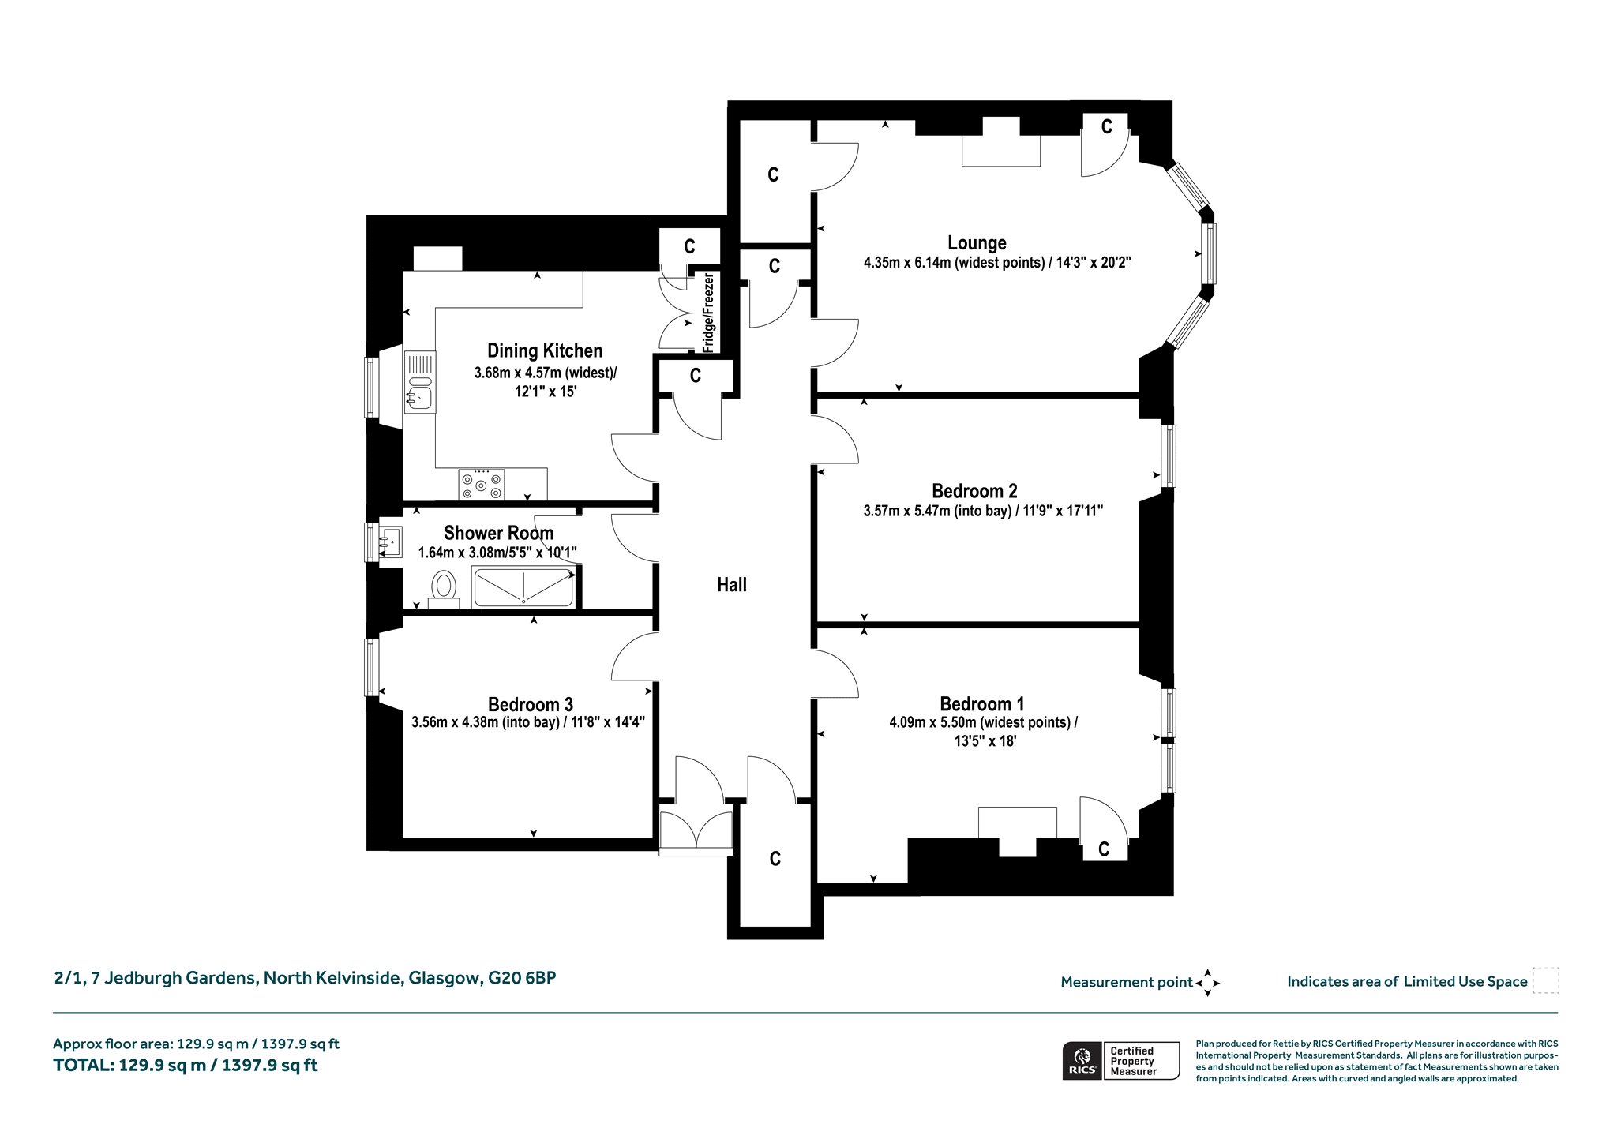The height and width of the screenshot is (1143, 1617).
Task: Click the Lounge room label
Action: point(977,243)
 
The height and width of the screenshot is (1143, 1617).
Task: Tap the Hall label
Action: point(732,585)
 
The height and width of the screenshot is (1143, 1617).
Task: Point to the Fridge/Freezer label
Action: point(708,313)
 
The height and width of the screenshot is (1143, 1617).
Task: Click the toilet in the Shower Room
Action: point(445,590)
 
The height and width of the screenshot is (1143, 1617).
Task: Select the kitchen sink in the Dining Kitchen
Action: point(419,382)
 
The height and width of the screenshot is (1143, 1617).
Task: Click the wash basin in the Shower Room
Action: point(389,542)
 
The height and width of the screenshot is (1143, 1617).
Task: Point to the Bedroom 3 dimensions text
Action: point(528,721)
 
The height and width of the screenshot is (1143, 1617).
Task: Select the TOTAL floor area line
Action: point(186,1066)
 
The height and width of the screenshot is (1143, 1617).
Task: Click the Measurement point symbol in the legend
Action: point(1207,983)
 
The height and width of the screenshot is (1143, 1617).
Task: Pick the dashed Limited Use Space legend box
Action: point(1545,980)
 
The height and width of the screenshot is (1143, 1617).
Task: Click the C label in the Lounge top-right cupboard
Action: point(1106,126)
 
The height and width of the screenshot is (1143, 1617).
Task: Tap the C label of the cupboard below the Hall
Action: point(775,859)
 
